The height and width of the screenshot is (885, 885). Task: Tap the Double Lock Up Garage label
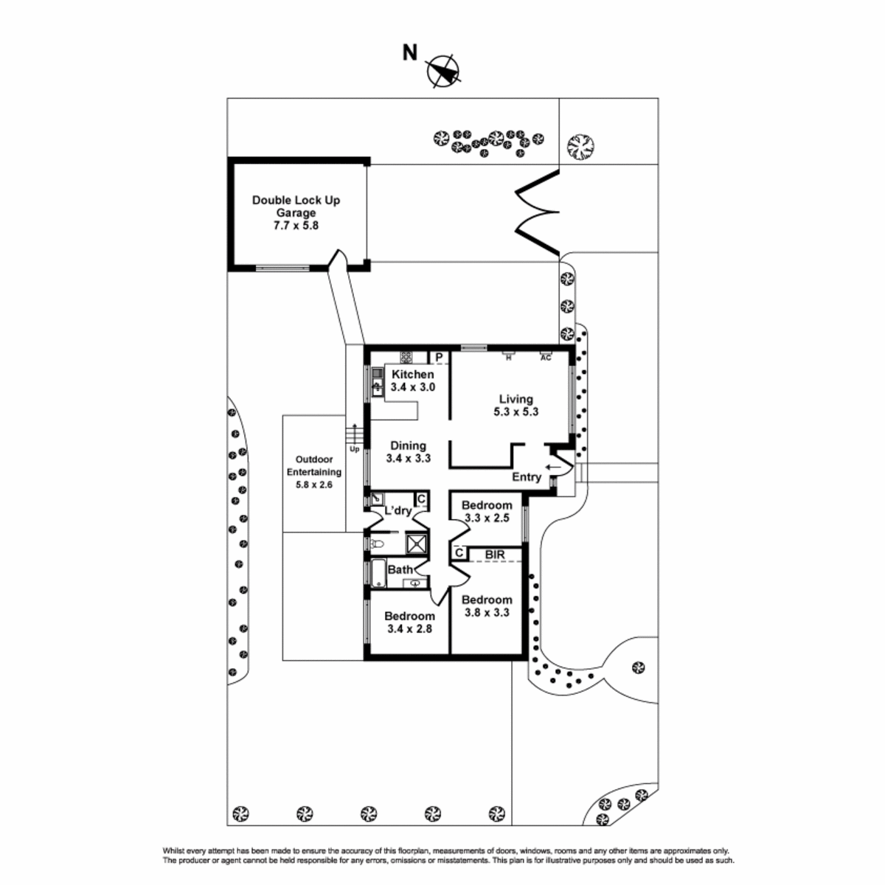tap(296, 212)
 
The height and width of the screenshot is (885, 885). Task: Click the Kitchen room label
tap(412, 381)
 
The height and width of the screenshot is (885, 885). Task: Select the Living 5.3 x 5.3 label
tap(516, 406)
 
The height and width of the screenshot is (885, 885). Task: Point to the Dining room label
tap(408, 452)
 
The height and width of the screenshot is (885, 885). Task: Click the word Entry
tap(527, 477)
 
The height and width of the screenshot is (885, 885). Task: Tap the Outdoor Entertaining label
tap(313, 472)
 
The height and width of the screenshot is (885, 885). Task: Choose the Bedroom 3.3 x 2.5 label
tap(487, 512)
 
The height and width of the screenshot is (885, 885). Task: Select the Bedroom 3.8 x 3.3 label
tap(487, 606)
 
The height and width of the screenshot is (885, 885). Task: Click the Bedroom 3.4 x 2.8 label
tap(409, 622)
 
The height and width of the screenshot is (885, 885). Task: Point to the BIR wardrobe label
tap(495, 555)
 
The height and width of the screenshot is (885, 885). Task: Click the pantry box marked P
tap(439, 357)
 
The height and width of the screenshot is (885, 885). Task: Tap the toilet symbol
tap(377, 545)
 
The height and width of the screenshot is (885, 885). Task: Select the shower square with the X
tap(417, 544)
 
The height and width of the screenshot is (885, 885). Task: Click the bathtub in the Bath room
tap(378, 574)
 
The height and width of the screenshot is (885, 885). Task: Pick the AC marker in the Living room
tap(545, 356)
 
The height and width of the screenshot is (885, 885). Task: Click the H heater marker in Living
tap(508, 356)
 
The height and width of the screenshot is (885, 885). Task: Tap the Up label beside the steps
tap(354, 449)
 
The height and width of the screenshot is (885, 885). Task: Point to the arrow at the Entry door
tap(553, 468)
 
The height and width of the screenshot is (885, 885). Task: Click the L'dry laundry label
tap(398, 510)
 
